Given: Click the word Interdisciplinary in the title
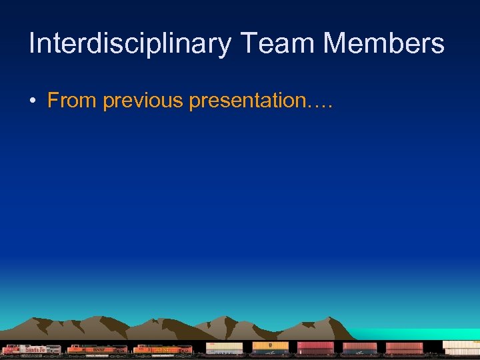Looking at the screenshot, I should [x=130, y=44].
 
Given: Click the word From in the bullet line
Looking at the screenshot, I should [x=70, y=101].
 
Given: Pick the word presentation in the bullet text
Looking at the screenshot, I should [x=247, y=101].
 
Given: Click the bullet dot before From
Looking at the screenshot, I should [x=32, y=101].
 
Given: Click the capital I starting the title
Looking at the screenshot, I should [x=32, y=44].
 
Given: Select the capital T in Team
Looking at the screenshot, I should [x=247, y=44].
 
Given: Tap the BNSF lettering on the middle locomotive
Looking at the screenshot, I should [x=99, y=349].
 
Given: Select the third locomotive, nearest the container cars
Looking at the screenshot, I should [x=163, y=349].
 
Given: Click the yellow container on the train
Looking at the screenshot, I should [x=270, y=345].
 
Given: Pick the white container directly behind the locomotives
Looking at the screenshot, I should [x=224, y=347].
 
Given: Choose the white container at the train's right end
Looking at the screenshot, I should [x=461, y=347].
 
